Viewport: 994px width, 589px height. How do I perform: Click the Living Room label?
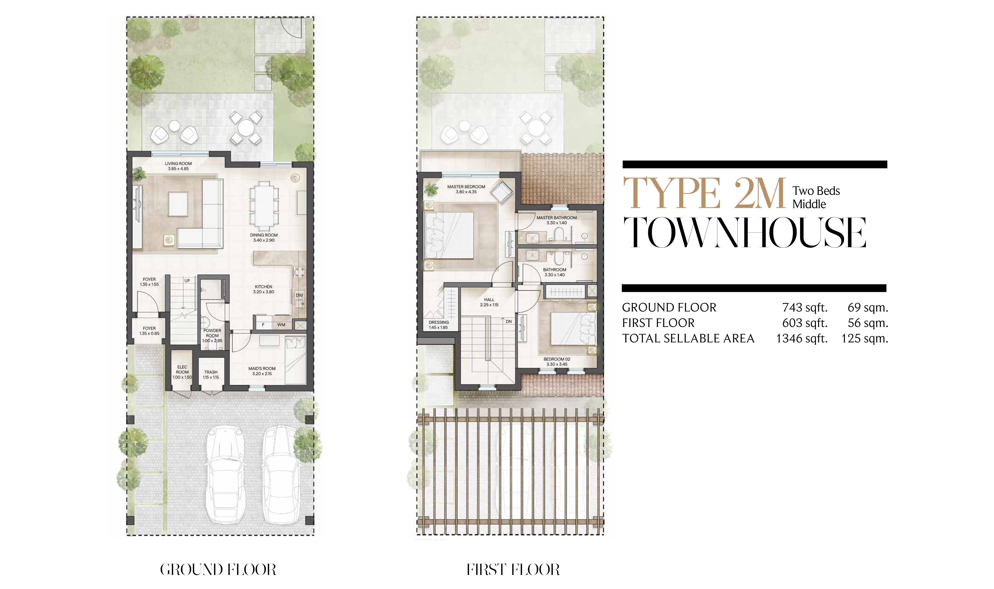(x=178, y=163)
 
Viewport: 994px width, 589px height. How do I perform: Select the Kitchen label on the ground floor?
(x=264, y=287)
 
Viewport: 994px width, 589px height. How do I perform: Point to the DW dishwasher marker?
(x=299, y=295)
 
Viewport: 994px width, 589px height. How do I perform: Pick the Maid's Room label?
(x=262, y=368)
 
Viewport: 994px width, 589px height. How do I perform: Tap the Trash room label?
(x=211, y=372)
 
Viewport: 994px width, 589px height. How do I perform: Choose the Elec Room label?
(x=182, y=369)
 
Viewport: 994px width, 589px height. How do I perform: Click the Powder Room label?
(x=212, y=333)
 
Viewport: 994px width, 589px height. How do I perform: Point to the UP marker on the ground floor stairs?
(x=187, y=281)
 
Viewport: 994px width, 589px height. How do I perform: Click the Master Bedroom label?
(x=466, y=186)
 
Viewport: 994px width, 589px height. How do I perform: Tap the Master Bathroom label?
(x=557, y=218)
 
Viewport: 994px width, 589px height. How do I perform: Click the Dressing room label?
(x=439, y=322)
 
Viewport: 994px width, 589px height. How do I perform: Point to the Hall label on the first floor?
(x=489, y=300)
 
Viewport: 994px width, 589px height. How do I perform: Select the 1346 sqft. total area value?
(x=802, y=339)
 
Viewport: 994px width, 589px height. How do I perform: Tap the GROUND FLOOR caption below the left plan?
(x=218, y=570)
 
